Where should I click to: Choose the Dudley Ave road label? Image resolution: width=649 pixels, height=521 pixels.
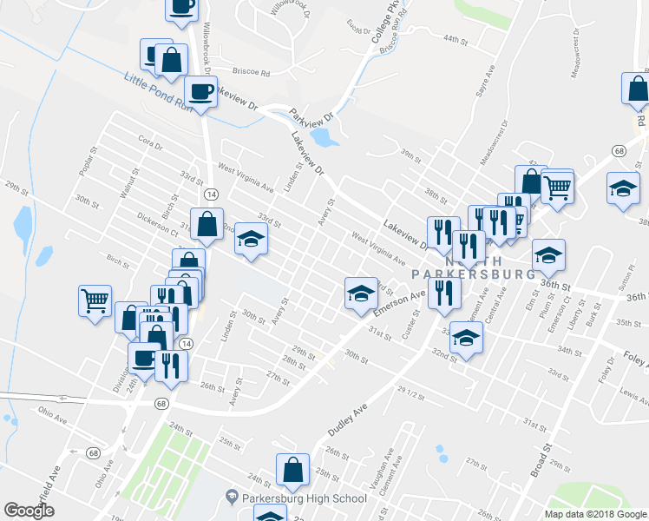349,416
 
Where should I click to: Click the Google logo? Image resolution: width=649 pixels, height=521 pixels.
29,510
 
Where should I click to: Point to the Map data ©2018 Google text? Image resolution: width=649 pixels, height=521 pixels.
594,514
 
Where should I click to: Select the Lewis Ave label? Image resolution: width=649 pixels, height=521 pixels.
633,396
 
